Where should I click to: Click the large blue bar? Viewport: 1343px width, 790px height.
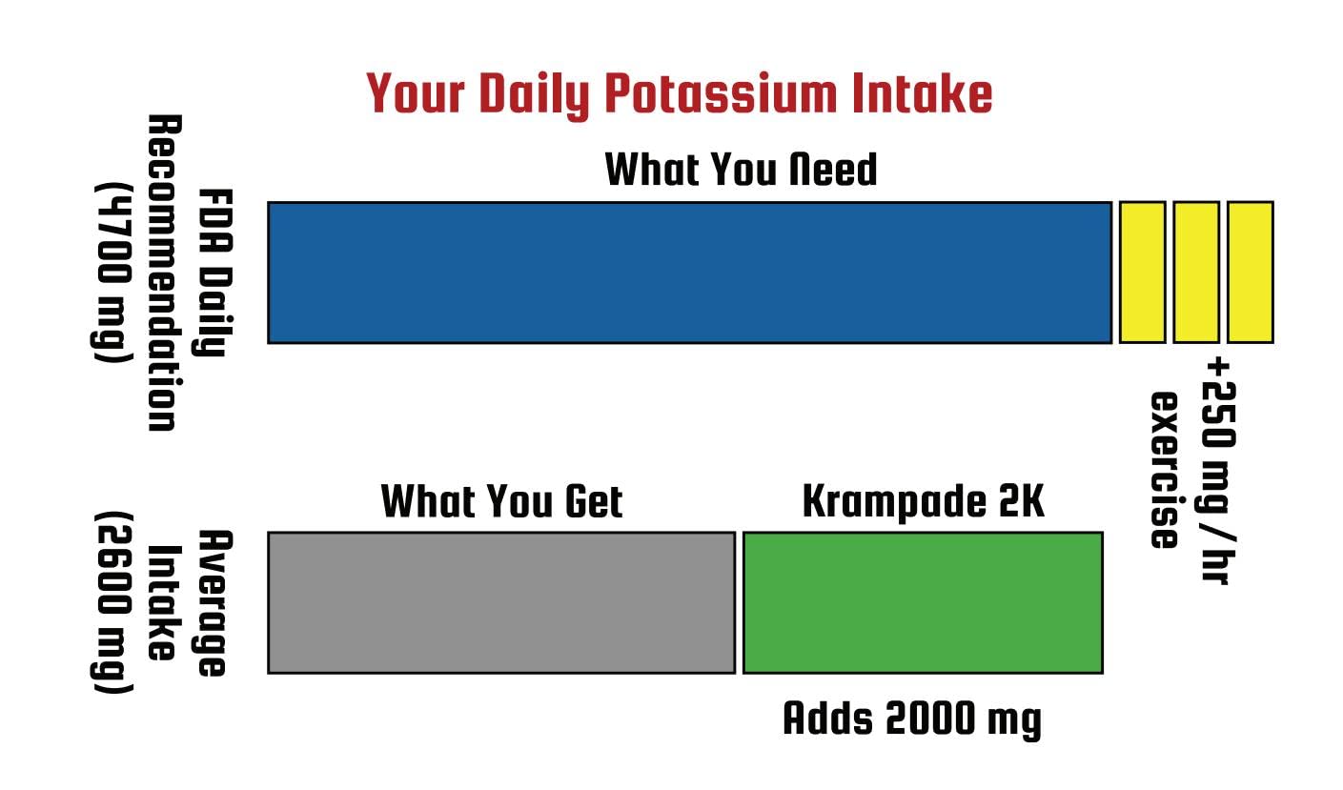(x=689, y=272)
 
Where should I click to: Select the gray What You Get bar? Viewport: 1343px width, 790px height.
(x=501, y=602)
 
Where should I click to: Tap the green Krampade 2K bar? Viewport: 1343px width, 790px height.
(x=923, y=602)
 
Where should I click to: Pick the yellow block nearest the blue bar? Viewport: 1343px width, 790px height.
(x=1142, y=272)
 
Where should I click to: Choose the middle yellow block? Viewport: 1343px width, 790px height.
(x=1196, y=272)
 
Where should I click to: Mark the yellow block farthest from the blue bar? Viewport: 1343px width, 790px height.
(x=1250, y=272)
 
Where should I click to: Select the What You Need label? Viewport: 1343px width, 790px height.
(x=741, y=170)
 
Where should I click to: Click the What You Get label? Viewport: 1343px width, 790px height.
(x=501, y=501)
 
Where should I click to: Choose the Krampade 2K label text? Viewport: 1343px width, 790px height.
(x=923, y=501)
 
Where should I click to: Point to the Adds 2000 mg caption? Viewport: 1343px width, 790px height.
(x=912, y=719)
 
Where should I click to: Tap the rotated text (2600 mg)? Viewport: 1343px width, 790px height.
(x=112, y=602)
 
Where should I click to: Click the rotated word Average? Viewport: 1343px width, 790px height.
(x=213, y=602)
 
